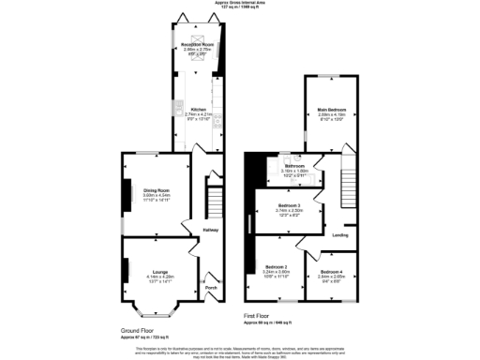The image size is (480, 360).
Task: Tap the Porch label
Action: point(211,287)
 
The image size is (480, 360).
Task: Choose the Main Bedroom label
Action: point(330,110)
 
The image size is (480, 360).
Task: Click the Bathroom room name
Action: point(295,166)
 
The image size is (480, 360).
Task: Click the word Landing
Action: point(340,235)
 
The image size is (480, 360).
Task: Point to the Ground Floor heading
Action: point(138,331)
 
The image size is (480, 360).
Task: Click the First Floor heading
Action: point(259,317)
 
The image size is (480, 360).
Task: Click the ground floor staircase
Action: point(211,202)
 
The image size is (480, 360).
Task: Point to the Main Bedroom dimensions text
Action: point(330,115)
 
